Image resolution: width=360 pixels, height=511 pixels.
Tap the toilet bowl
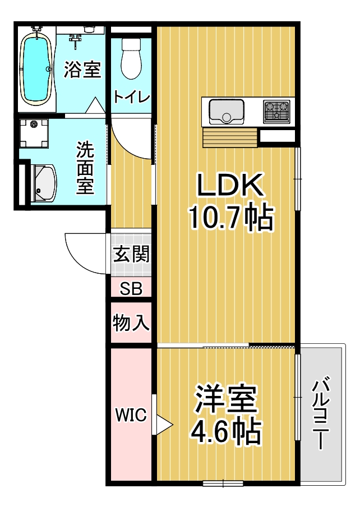pos(131,58)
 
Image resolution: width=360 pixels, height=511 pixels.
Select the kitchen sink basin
pos(227,112)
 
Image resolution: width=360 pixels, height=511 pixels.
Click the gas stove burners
pos(276,112)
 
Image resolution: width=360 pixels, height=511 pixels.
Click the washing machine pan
pos(34,132)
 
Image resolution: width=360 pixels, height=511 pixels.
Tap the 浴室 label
pos(82,69)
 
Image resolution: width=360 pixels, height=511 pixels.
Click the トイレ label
pos(132,97)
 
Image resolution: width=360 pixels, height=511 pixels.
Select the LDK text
pos(230,185)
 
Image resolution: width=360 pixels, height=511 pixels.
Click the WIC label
pos(131,415)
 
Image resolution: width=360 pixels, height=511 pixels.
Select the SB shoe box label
pos(131,288)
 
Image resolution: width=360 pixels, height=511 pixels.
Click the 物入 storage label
pos(131,323)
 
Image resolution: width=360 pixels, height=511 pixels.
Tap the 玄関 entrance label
pos(131,254)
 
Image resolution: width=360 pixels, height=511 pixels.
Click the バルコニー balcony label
pos(321,413)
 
